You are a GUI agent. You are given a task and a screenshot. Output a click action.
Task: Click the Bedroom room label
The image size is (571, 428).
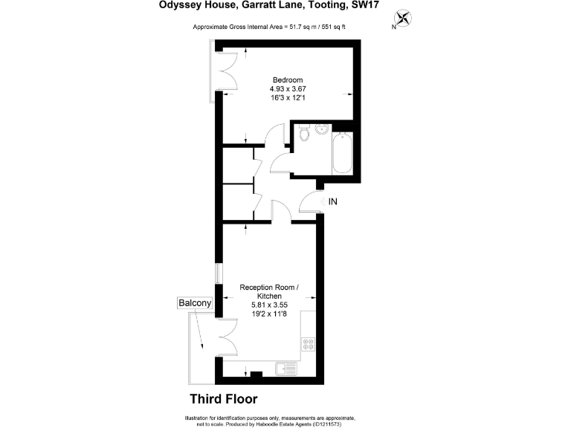click(288, 80)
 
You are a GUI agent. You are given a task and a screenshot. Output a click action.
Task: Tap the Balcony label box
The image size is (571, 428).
click(195, 303)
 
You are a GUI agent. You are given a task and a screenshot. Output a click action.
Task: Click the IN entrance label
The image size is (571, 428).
click(333, 201)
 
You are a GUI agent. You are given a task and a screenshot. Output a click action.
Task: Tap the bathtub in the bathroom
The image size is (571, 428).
click(343, 153)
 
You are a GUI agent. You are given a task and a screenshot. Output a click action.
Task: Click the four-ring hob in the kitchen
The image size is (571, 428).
click(308, 344)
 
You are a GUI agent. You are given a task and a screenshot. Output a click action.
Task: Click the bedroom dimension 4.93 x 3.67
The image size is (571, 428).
click(288, 89)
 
